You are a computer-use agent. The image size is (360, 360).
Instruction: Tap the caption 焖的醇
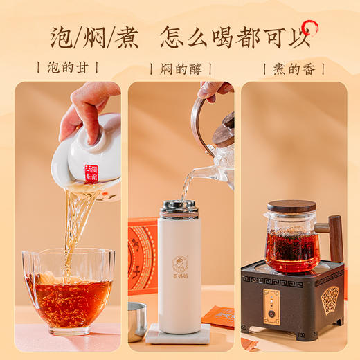coord(180,69)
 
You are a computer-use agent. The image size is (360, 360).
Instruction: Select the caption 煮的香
coord(294,69)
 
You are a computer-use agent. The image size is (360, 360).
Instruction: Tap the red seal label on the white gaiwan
coord(92,173)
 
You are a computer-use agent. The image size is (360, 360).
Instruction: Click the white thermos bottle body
coord(180,270)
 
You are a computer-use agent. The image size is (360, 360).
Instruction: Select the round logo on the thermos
coord(180,264)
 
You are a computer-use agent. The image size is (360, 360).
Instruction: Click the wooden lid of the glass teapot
coord(291,206)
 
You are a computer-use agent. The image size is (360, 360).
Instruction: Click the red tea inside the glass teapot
coord(292,251)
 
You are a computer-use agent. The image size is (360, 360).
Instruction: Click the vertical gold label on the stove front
coord(272,306)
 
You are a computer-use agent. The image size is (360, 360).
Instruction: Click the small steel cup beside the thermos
coord(137,320)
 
